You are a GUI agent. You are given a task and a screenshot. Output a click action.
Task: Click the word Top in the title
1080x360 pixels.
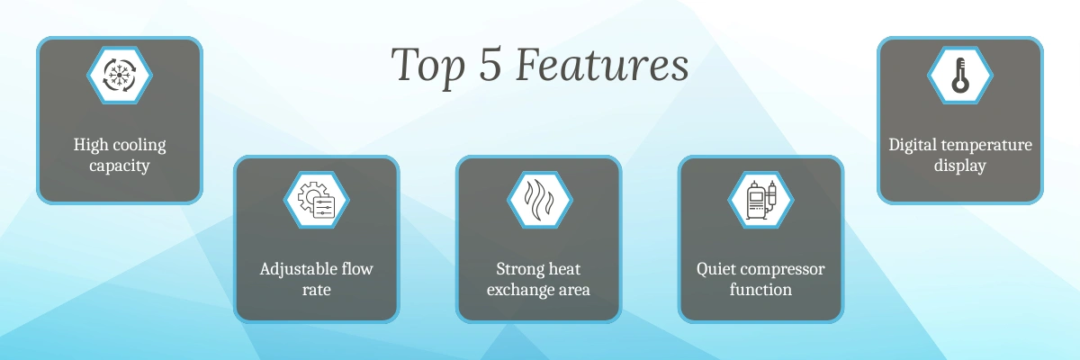428,66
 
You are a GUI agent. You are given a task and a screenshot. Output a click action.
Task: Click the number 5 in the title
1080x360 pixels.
490,63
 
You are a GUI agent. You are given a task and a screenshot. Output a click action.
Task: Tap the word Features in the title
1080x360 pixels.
602,64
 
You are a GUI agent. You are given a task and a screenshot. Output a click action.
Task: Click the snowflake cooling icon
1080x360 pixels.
120,76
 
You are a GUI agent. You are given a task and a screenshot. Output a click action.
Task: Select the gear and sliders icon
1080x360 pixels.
316,200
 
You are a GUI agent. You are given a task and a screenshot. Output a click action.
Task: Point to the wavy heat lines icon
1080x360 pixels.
539,200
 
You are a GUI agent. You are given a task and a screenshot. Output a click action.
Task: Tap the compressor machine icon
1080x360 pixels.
761,200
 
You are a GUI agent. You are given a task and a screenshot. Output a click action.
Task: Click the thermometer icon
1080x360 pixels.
960,76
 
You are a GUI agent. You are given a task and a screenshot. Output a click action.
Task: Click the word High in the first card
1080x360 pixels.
91,145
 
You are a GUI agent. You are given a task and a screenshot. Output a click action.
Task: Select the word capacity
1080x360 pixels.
120,166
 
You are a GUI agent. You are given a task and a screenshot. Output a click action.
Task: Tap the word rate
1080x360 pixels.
316,290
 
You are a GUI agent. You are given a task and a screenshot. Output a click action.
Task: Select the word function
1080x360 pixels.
760,289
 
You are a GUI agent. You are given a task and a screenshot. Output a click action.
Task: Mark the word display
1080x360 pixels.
960,166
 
